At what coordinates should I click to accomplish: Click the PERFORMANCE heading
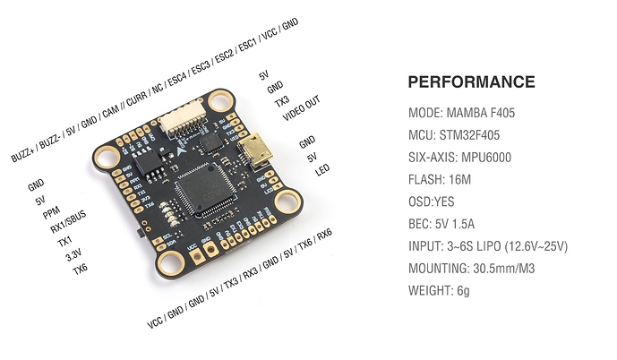[471, 81]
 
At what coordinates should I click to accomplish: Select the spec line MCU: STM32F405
[454, 135]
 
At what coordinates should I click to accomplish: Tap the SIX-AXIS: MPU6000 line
[459, 158]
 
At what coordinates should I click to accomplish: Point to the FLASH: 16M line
[440, 179]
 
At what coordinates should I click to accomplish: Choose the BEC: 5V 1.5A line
[441, 224]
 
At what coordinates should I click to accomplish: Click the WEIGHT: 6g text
[439, 291]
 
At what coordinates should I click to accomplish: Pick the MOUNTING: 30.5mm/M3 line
[471, 269]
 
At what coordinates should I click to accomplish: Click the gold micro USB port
[255, 150]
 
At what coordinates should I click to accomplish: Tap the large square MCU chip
[205, 189]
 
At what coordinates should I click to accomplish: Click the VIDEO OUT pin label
[302, 107]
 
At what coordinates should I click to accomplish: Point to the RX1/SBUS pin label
[68, 222]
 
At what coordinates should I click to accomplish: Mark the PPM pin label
[51, 212]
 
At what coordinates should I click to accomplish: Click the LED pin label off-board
[322, 170]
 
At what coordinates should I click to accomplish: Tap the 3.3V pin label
[73, 255]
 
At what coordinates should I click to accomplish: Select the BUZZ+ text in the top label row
[22, 154]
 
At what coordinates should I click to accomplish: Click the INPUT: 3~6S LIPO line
[488, 246]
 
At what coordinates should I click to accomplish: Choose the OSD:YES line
[432, 201]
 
